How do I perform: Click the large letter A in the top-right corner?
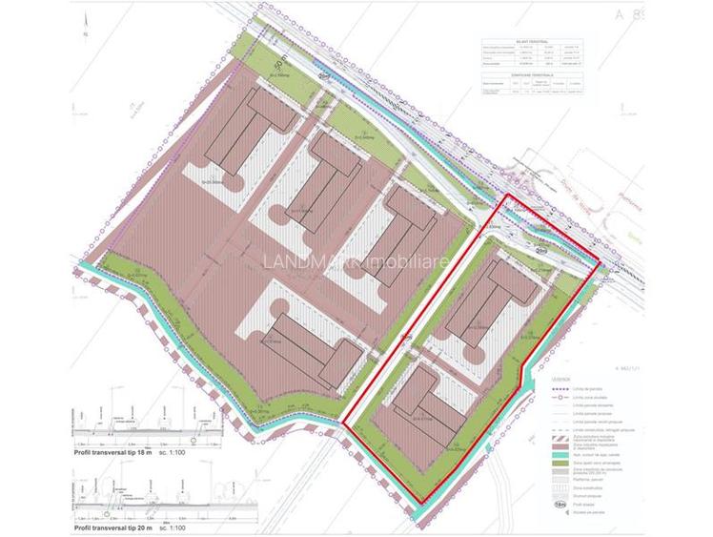pos(647,13)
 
